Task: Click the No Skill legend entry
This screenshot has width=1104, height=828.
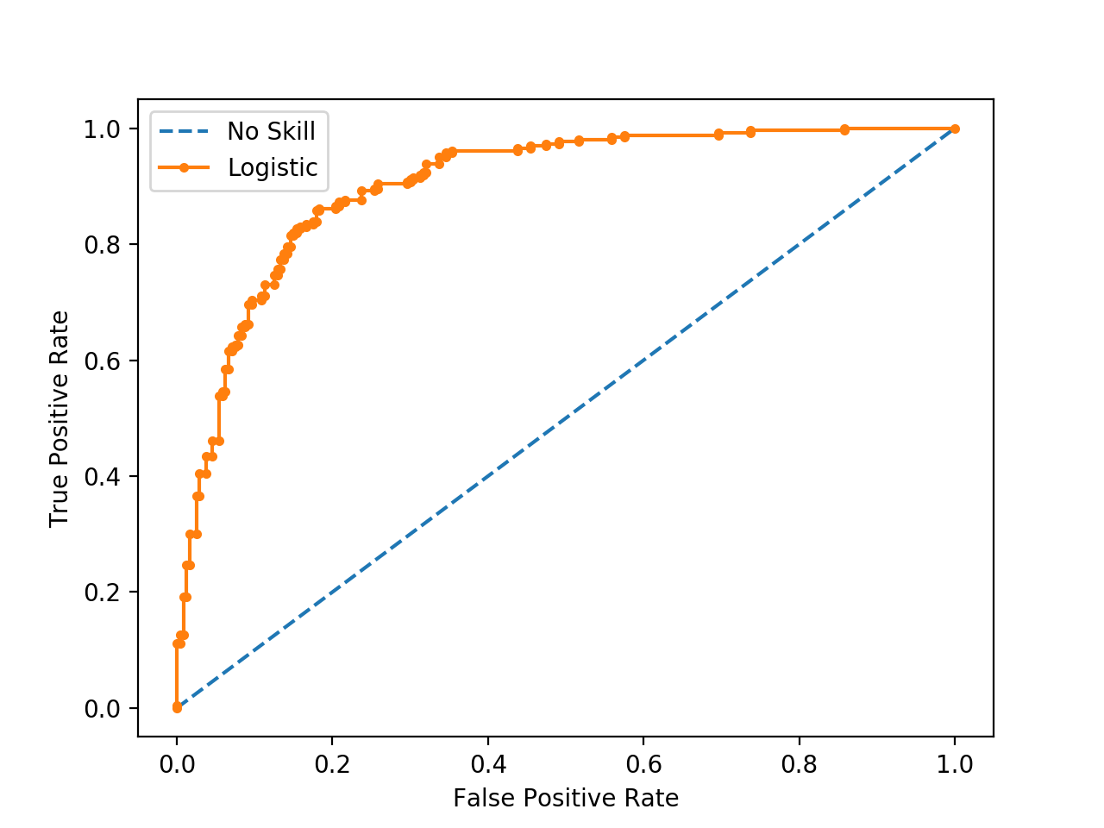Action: tap(271, 131)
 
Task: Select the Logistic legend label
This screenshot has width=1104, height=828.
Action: tap(273, 167)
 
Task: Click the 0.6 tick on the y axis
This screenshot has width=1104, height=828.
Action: tap(103, 361)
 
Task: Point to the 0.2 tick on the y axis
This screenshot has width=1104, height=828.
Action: tap(103, 593)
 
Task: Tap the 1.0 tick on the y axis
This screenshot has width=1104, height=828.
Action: tap(103, 129)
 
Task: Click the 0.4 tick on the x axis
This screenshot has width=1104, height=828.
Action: tap(488, 764)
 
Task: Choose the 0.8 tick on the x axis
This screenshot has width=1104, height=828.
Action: tap(799, 764)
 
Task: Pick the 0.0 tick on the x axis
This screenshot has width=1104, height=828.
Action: tap(177, 764)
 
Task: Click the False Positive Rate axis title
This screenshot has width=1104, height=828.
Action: tap(566, 799)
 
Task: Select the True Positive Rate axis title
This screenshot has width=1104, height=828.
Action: tap(59, 419)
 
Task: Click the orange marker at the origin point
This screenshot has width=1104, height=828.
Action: tap(177, 707)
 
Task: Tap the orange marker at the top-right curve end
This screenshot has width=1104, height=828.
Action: tap(955, 129)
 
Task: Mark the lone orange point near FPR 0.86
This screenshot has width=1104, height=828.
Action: tap(844, 129)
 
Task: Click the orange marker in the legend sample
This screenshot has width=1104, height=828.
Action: tap(184, 168)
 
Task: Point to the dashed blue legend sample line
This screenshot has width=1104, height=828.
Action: tap(184, 131)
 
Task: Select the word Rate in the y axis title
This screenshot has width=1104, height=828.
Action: tap(59, 332)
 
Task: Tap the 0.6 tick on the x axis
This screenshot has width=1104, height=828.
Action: tap(643, 764)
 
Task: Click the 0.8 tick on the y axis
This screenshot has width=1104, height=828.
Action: tap(103, 245)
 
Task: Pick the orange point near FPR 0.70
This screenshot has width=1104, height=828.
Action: tap(718, 135)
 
